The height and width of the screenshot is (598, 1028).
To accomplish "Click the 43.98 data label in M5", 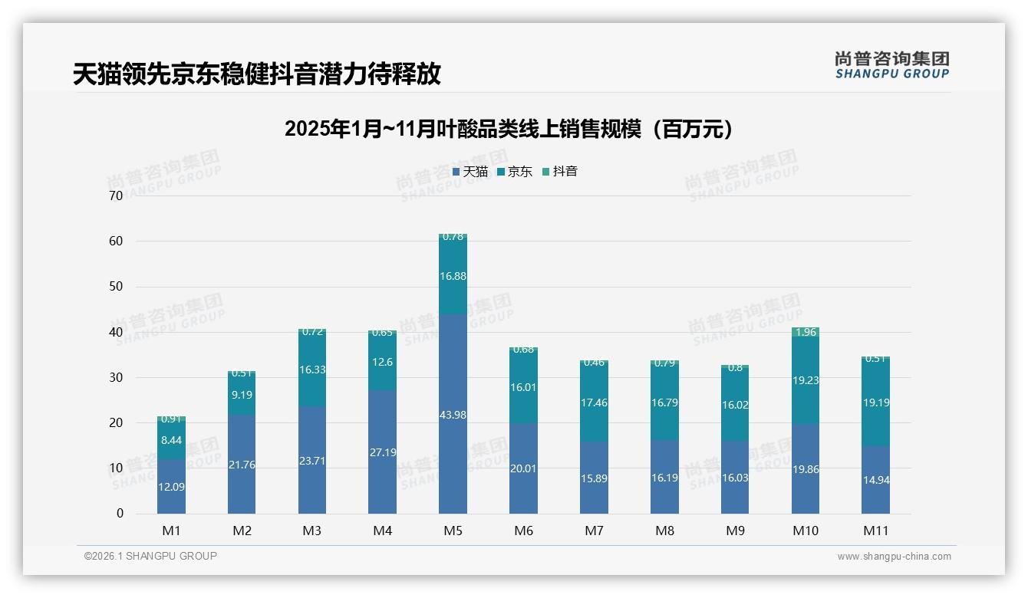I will pos(453,415).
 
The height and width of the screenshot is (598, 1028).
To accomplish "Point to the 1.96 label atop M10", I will pos(805,332).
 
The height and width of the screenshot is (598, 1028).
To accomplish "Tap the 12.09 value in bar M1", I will pos(171,487).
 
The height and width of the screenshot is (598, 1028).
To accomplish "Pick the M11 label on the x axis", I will pos(875,531).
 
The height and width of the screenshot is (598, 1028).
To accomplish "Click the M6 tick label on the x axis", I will pos(523,531).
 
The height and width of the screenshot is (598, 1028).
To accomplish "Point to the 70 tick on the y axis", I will pos(116,195).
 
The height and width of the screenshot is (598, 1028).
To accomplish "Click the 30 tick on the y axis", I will pos(116,377).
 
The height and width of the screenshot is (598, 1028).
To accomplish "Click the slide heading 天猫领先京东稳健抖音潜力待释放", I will pos(256,74).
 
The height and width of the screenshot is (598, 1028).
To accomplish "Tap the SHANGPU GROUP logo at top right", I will pos(891,65).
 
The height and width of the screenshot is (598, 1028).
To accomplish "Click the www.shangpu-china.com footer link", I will pos(894,557).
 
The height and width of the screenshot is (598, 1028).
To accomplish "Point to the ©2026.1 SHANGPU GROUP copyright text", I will pos(150,556).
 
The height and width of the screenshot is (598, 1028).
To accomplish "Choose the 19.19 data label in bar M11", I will pos(875,402).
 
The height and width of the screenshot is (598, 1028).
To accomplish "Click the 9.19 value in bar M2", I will pos(242,395).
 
